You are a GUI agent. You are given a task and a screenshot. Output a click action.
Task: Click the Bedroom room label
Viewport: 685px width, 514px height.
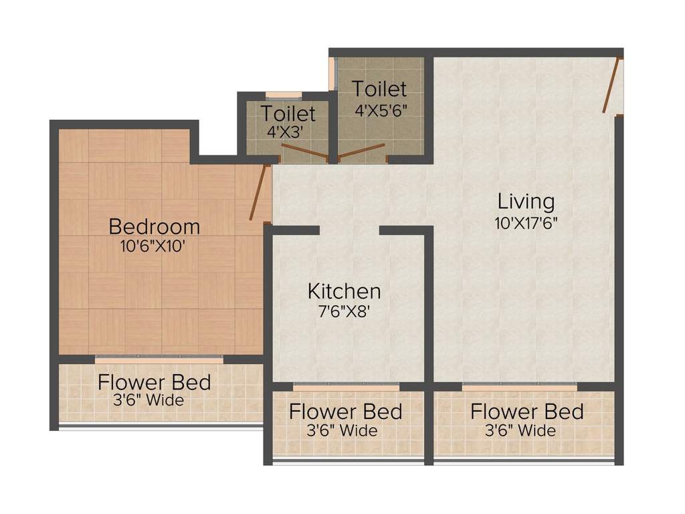pyautogui.click(x=155, y=226)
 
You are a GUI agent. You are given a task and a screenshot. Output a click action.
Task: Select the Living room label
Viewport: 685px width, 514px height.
pyautogui.click(x=526, y=202)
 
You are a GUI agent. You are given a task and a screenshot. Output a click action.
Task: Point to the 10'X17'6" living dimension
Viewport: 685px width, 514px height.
pyautogui.click(x=526, y=224)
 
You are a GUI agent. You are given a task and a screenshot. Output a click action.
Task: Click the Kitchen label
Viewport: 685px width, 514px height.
pyautogui.click(x=345, y=291)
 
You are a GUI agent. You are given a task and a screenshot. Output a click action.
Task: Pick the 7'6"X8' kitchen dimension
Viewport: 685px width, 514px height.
pyautogui.click(x=345, y=312)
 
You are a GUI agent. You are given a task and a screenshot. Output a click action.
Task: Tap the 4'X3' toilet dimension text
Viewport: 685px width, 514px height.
pyautogui.click(x=285, y=132)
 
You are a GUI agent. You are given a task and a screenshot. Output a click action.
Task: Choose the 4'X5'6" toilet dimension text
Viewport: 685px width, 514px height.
pyautogui.click(x=381, y=110)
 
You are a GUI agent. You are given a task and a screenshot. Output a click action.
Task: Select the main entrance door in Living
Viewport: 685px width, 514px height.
pyautogui.click(x=611, y=84)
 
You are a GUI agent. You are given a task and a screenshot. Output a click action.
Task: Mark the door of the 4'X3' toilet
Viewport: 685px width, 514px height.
pyautogui.click(x=304, y=151)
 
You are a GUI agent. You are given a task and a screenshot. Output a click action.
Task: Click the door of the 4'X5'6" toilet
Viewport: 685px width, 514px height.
pyautogui.click(x=361, y=151)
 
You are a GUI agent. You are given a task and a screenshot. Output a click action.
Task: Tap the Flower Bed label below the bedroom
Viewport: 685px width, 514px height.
pyautogui.click(x=155, y=382)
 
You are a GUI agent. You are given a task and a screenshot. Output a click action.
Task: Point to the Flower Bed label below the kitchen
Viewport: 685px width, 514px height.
pyautogui.click(x=346, y=412)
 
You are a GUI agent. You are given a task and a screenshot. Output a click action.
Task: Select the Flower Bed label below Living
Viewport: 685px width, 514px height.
pyautogui.click(x=527, y=412)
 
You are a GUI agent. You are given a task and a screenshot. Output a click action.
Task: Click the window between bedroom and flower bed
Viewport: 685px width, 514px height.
pyautogui.click(x=159, y=359)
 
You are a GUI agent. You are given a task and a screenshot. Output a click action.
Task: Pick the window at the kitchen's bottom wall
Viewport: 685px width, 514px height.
pyautogui.click(x=346, y=386)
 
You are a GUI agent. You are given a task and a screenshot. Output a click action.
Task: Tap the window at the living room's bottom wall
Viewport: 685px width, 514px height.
pyautogui.click(x=519, y=386)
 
